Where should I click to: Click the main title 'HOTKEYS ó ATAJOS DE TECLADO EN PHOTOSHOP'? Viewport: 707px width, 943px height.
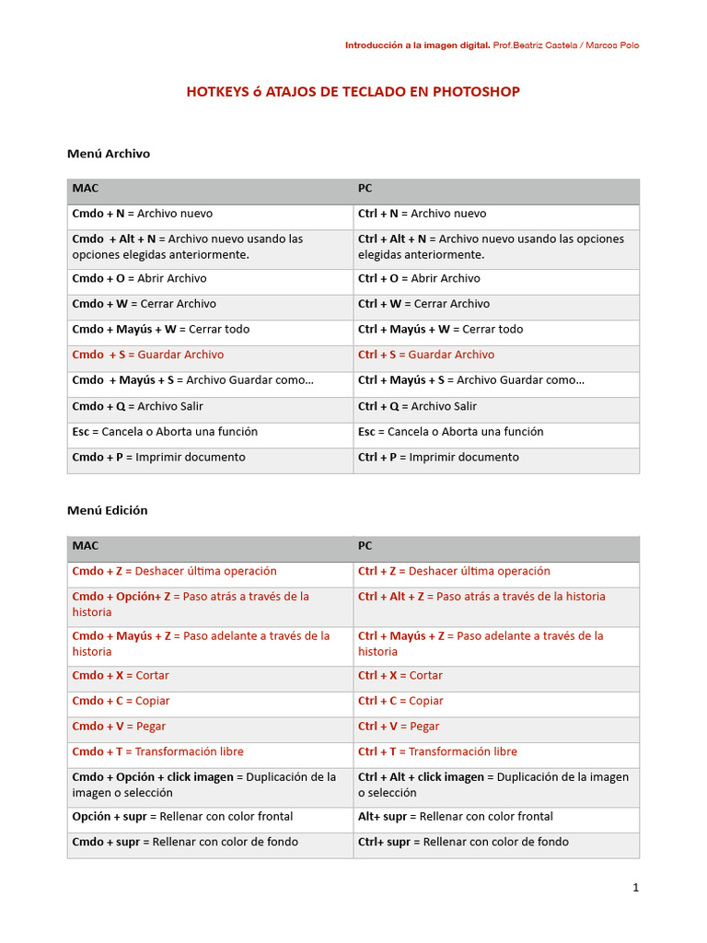tap(353, 91)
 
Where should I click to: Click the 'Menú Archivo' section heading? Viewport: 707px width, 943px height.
tap(108, 154)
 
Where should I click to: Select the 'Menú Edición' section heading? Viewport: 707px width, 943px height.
tap(107, 510)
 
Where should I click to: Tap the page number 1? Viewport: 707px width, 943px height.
tap(635, 888)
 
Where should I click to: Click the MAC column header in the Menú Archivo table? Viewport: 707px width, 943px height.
tap(85, 188)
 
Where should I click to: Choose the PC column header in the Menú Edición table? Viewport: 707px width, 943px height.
tap(365, 545)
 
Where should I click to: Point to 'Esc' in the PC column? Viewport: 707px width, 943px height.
tap(367, 432)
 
